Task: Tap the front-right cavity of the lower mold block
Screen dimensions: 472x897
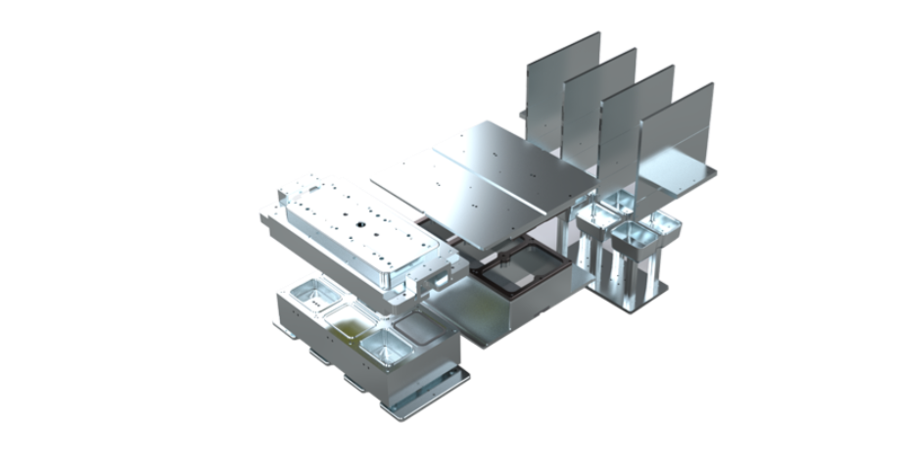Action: coord(383,345)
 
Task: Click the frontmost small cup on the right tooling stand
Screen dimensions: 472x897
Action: coord(632,234)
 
